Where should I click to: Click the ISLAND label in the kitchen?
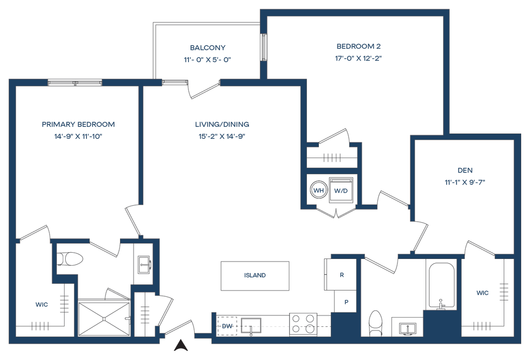click(255, 276)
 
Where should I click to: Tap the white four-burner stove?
click(303, 324)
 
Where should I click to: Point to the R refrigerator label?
click(342, 275)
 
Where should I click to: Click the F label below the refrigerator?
click(346, 301)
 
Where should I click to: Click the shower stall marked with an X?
click(103, 318)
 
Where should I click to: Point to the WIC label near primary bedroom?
click(41, 305)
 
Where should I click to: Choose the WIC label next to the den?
click(482, 293)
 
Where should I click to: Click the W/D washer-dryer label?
click(341, 191)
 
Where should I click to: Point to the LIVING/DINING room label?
click(223, 125)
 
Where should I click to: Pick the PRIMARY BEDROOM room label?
click(78, 125)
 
